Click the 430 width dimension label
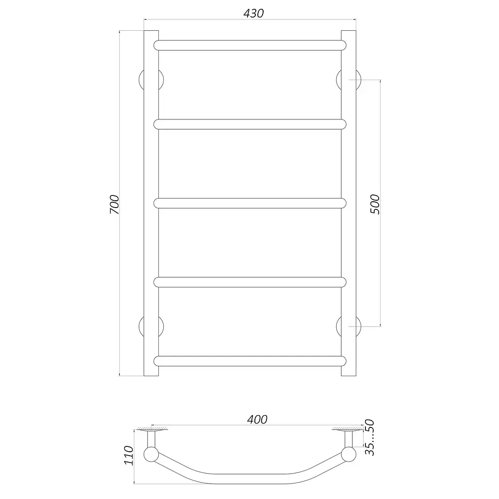[x=253, y=13]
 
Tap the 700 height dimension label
[x=114, y=204]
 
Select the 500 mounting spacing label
[x=375, y=204]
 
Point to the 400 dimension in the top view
[x=257, y=420]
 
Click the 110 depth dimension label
[x=129, y=456]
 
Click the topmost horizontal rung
[x=250, y=45]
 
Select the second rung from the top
[x=250, y=124]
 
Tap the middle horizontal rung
[x=250, y=203]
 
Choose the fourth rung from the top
[x=250, y=282]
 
